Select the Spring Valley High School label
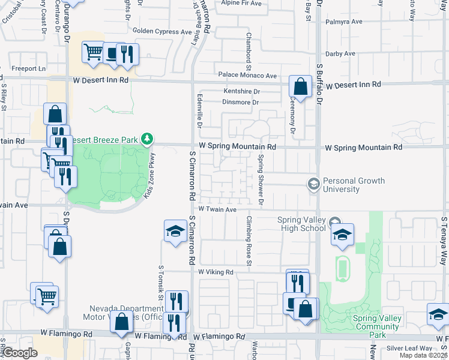(302, 224)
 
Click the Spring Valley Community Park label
(376, 322)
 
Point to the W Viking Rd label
(215, 272)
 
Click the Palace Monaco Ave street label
(247, 76)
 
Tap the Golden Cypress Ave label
(162, 31)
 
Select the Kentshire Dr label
(241, 91)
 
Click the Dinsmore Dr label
(240, 103)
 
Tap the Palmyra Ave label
(344, 22)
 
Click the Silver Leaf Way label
(409, 348)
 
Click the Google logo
(20, 353)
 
